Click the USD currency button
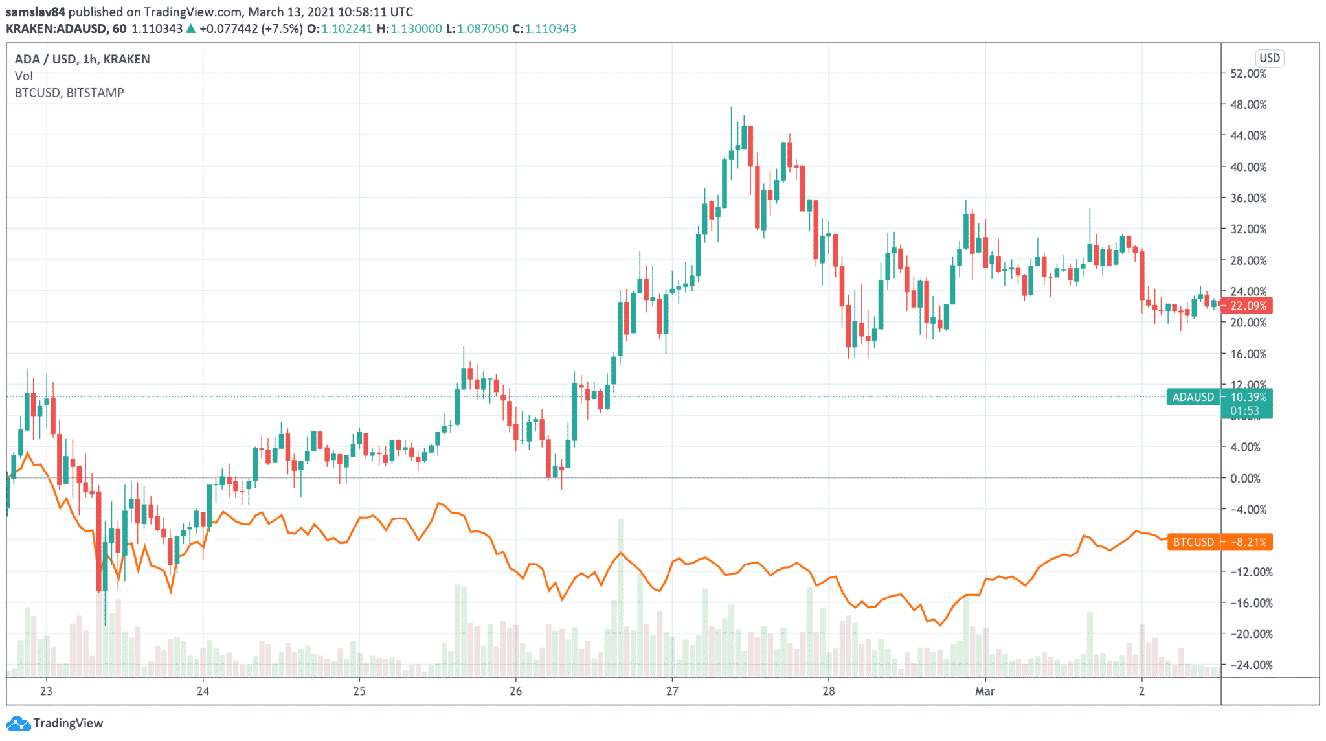(1269, 58)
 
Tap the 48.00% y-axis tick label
(1248, 105)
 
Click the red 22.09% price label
(1248, 306)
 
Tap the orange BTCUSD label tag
(1193, 542)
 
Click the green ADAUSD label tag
(1193, 397)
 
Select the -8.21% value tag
(1248, 542)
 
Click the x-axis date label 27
(672, 691)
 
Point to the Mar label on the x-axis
(985, 691)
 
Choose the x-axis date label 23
(46, 691)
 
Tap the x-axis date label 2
(1141, 691)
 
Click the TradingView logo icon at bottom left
(17, 723)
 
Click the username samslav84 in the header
(36, 12)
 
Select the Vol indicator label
(24, 76)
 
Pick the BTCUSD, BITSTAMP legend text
(69, 93)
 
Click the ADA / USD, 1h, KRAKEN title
(82, 59)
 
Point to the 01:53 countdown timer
(1244, 411)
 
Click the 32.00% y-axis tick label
(1248, 229)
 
